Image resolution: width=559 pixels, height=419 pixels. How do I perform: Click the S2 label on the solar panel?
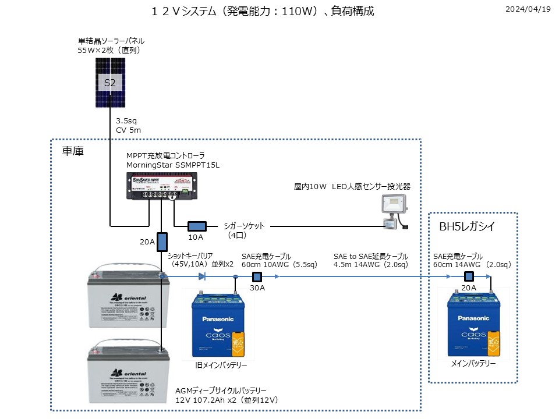tap(110, 83)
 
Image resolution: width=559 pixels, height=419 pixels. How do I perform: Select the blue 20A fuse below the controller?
tap(162, 242)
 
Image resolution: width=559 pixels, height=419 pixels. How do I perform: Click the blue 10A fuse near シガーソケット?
tap(196, 226)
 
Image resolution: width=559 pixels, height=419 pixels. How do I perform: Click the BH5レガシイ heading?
tap(466, 226)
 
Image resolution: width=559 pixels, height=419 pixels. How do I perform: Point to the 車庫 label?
tap(73, 151)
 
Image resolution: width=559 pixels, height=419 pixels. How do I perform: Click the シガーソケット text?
tap(244, 226)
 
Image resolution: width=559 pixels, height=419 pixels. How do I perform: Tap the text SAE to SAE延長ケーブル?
tap(371, 256)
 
